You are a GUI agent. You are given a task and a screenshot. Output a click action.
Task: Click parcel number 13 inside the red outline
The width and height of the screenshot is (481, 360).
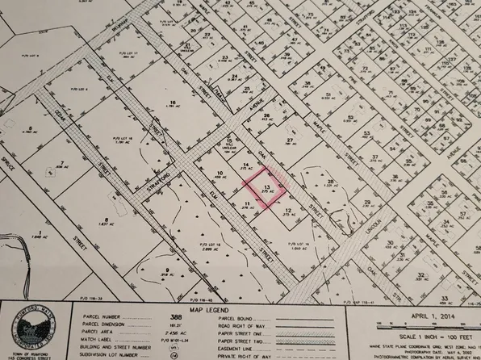pos(267,185)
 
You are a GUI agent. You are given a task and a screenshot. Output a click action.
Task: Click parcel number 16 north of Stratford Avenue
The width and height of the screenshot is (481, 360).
pos(173,103)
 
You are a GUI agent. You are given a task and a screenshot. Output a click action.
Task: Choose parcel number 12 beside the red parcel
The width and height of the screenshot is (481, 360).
pos(288,212)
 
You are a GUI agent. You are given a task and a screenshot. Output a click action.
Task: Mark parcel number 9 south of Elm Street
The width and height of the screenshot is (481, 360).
pos(166,270)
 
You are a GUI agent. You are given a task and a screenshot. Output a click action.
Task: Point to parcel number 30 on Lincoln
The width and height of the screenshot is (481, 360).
pos(389,243)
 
